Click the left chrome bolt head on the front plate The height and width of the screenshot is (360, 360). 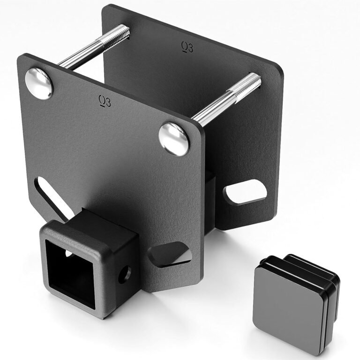(39, 83)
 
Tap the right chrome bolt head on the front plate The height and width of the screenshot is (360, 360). (174, 139)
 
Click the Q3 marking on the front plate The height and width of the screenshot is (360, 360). (105, 101)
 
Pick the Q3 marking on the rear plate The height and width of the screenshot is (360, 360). (187, 45)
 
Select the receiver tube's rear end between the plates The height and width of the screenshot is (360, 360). (210, 197)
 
